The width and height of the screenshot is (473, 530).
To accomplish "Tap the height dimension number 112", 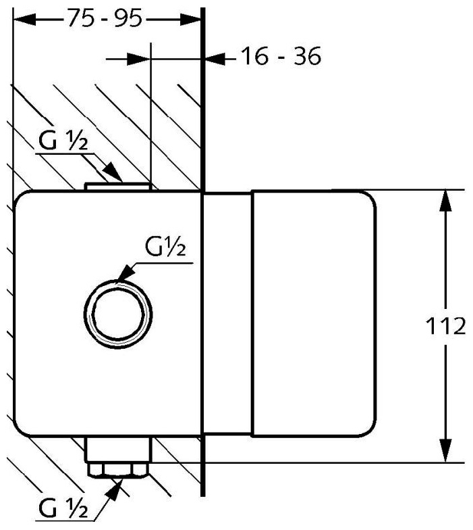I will pyautogui.click(x=446, y=327).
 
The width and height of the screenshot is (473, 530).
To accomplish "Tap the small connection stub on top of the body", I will pyautogui.click(x=118, y=185).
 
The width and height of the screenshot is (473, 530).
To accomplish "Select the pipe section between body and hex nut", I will pyautogui.click(x=119, y=450).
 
